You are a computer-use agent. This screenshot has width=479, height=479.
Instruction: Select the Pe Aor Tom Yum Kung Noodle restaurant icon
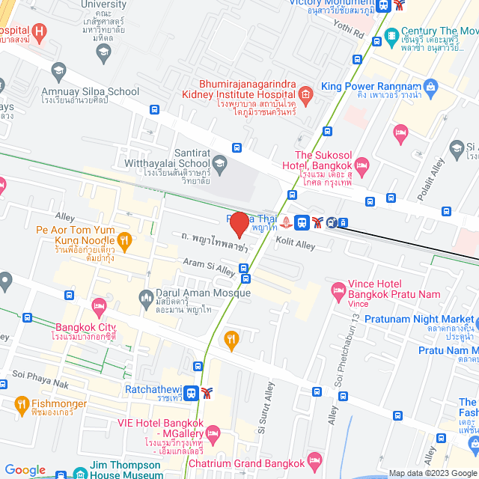pos(125,240)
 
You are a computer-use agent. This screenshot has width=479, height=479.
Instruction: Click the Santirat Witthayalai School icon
pos(219,162)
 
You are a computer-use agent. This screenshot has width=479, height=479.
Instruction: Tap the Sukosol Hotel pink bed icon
pos(362,164)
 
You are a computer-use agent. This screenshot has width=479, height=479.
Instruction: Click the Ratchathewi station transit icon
pos(192,392)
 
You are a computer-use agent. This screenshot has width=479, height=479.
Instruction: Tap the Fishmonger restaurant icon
pos(21,405)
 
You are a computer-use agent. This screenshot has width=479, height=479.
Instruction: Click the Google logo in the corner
pos(25,469)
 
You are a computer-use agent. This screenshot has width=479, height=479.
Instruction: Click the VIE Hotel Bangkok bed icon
pos(213,432)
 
